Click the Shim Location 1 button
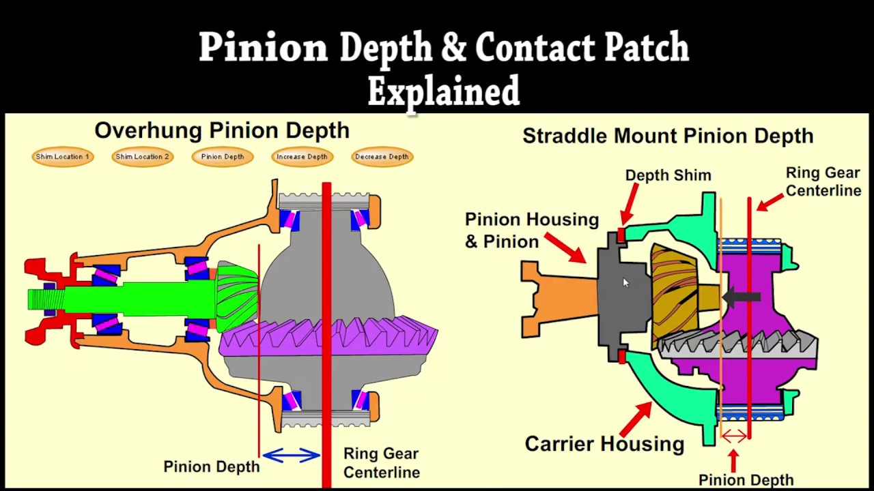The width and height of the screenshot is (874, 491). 62,157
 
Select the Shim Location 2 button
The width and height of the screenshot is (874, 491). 142,157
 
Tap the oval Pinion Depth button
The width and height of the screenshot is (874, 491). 223,157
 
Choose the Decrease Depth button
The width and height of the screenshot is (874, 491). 382,157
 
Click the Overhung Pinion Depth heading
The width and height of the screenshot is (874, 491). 222,130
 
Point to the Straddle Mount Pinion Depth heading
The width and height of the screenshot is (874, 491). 668,136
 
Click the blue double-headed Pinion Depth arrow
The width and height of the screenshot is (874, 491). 292,455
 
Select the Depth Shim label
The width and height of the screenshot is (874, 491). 668,175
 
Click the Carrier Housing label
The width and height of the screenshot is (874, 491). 604,444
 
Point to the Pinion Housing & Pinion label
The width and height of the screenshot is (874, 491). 531,230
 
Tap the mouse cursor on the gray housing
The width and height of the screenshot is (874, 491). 625,283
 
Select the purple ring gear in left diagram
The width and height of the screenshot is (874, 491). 328,338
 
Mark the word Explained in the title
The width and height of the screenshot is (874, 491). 444,91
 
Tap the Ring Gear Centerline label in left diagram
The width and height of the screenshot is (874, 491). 381,463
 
